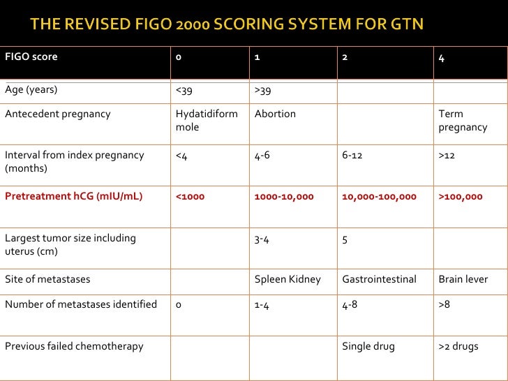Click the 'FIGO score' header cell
[31, 57]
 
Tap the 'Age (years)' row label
[31, 89]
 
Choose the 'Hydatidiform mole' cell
[207, 120]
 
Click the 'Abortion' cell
[275, 114]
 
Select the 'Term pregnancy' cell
[462, 120]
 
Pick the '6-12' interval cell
[352, 155]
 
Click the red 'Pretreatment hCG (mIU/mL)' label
[73, 196]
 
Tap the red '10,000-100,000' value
[379, 197]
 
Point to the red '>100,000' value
[460, 197]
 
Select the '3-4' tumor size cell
[262, 239]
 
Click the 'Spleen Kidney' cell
[287, 279]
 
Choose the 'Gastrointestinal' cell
[379, 279]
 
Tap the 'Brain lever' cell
[463, 279]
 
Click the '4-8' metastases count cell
[351, 304]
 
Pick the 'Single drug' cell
[368, 346]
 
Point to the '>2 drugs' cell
[458, 346]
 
